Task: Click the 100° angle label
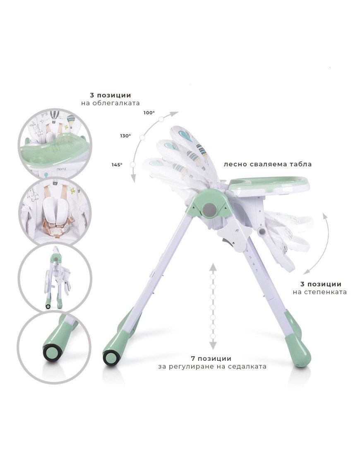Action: click(x=149, y=113)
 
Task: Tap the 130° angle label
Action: click(x=125, y=136)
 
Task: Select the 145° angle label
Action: click(x=117, y=165)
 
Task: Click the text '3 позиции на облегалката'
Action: click(x=110, y=99)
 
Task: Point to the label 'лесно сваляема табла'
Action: click(x=268, y=164)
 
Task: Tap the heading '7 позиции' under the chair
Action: click(x=211, y=358)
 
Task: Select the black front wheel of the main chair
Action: click(x=110, y=358)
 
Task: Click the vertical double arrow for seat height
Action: click(x=213, y=306)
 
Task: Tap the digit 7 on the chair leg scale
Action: click(x=257, y=270)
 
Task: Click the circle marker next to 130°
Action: click(x=142, y=137)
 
